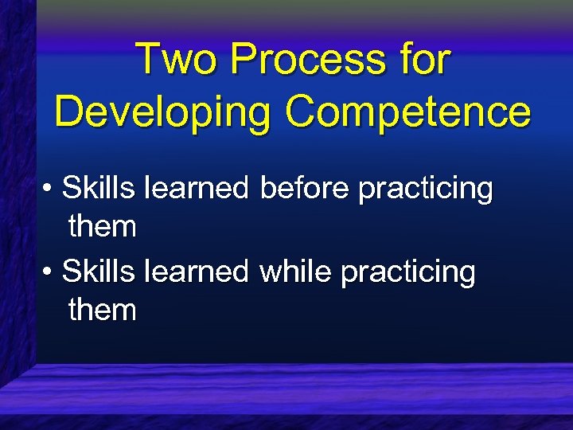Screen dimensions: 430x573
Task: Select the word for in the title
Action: pos(422,60)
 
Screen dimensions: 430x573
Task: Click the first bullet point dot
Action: pos(49,191)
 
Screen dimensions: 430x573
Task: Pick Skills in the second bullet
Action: pos(99,272)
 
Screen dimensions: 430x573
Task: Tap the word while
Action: pos(296,272)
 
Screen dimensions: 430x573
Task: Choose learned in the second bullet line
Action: pos(197,272)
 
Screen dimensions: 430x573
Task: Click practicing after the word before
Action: pos(426,190)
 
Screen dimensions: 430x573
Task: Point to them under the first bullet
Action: pos(103,227)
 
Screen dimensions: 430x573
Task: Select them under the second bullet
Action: pos(103,310)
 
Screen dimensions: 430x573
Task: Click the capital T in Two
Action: pos(148,60)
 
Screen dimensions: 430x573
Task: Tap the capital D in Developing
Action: pos(69,111)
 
